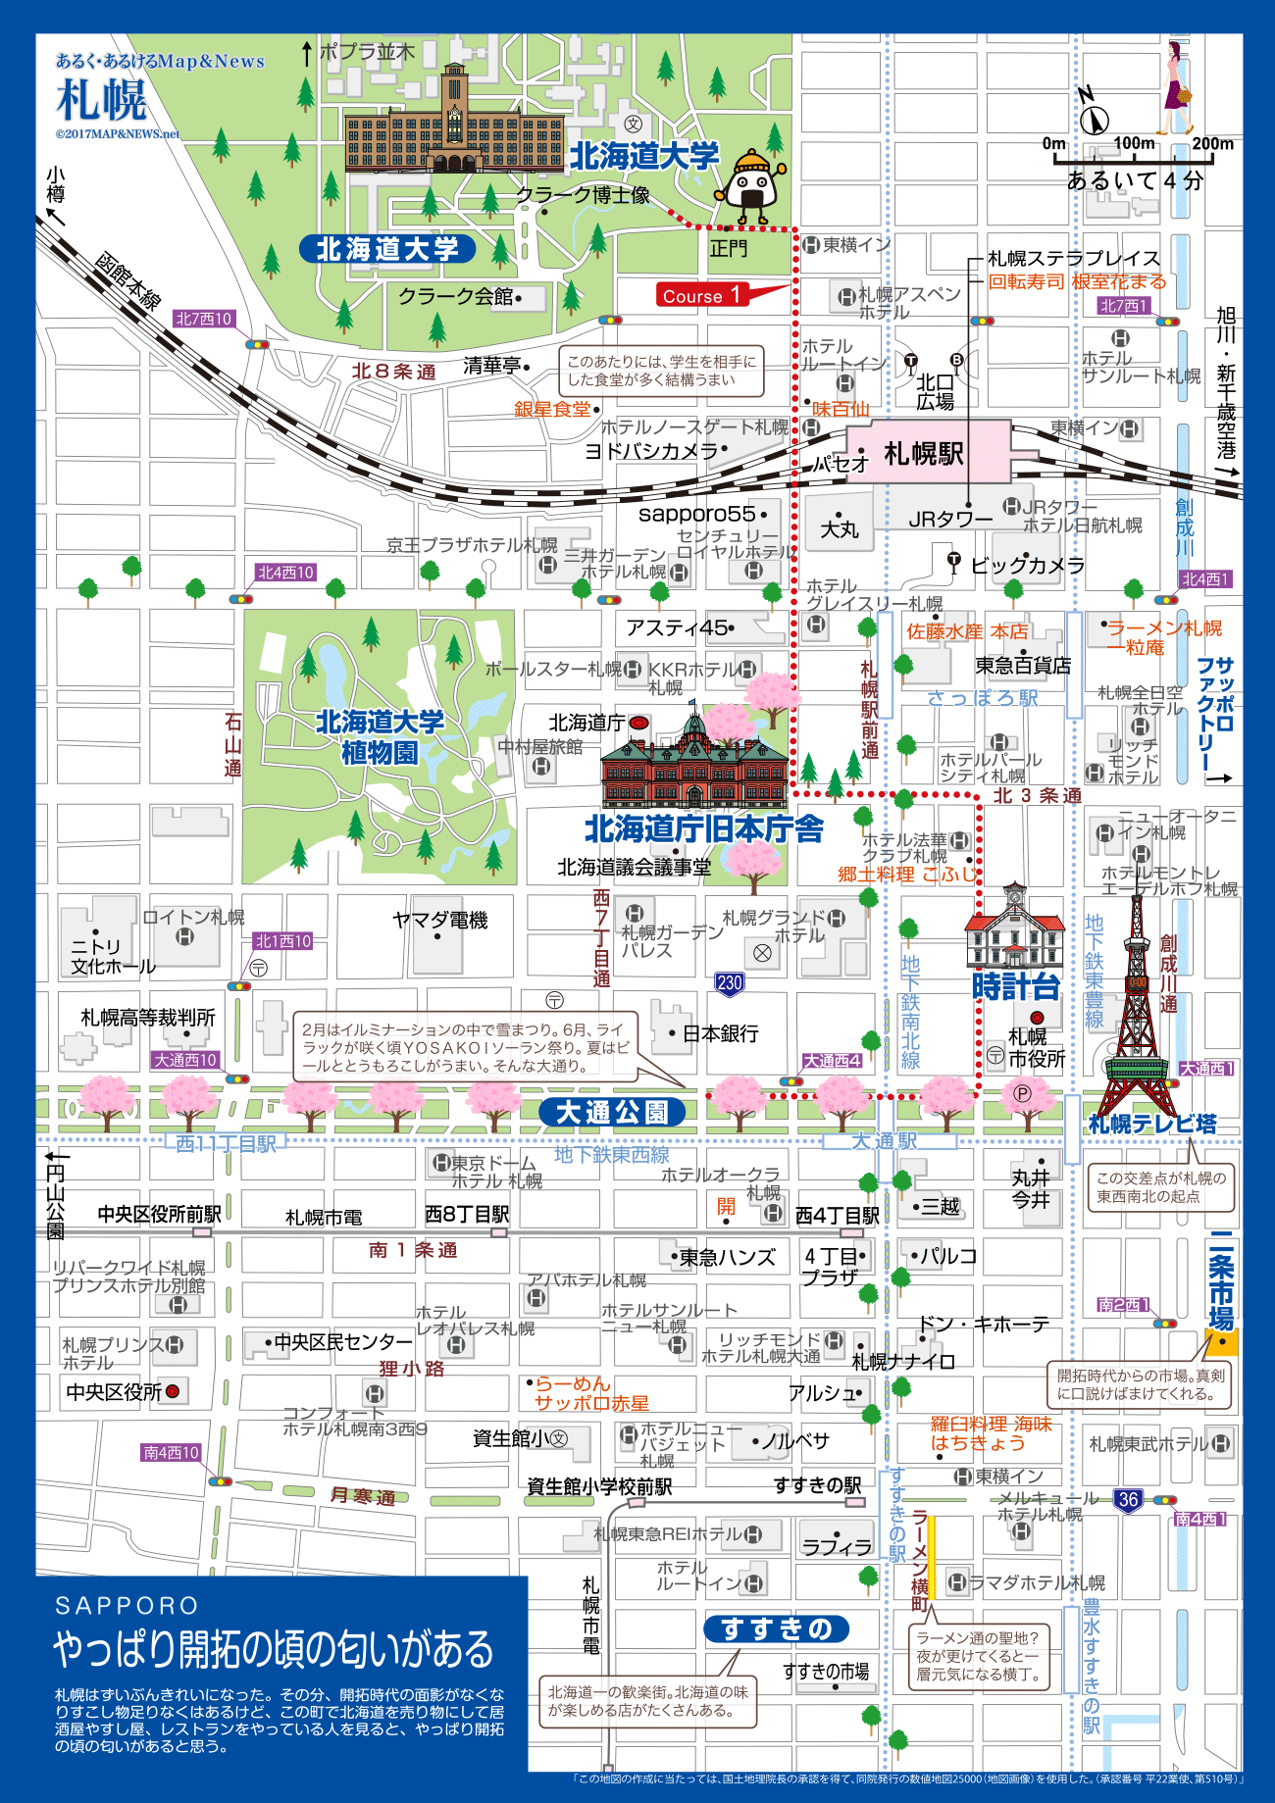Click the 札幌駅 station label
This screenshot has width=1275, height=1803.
point(924,453)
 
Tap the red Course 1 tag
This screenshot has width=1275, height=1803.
point(701,294)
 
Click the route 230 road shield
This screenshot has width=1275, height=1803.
point(730,983)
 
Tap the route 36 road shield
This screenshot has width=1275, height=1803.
point(1128,1499)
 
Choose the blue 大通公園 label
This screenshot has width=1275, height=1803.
point(612,1112)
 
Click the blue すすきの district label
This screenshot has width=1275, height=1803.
point(776,1628)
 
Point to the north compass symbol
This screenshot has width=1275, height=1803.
point(1093,114)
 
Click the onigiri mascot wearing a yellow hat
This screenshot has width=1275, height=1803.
point(752,185)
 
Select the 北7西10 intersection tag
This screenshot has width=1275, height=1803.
point(204,319)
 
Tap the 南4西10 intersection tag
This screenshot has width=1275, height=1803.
point(171,1452)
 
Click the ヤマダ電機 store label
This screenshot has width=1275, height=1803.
point(439,920)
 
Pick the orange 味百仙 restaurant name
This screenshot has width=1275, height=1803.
point(841,409)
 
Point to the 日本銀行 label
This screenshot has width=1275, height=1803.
point(720,1033)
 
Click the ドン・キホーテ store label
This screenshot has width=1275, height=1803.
point(984,1324)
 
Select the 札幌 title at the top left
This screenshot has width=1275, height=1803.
point(102,100)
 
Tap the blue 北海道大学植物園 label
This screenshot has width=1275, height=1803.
point(380,737)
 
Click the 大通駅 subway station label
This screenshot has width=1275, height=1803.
point(884,1141)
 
